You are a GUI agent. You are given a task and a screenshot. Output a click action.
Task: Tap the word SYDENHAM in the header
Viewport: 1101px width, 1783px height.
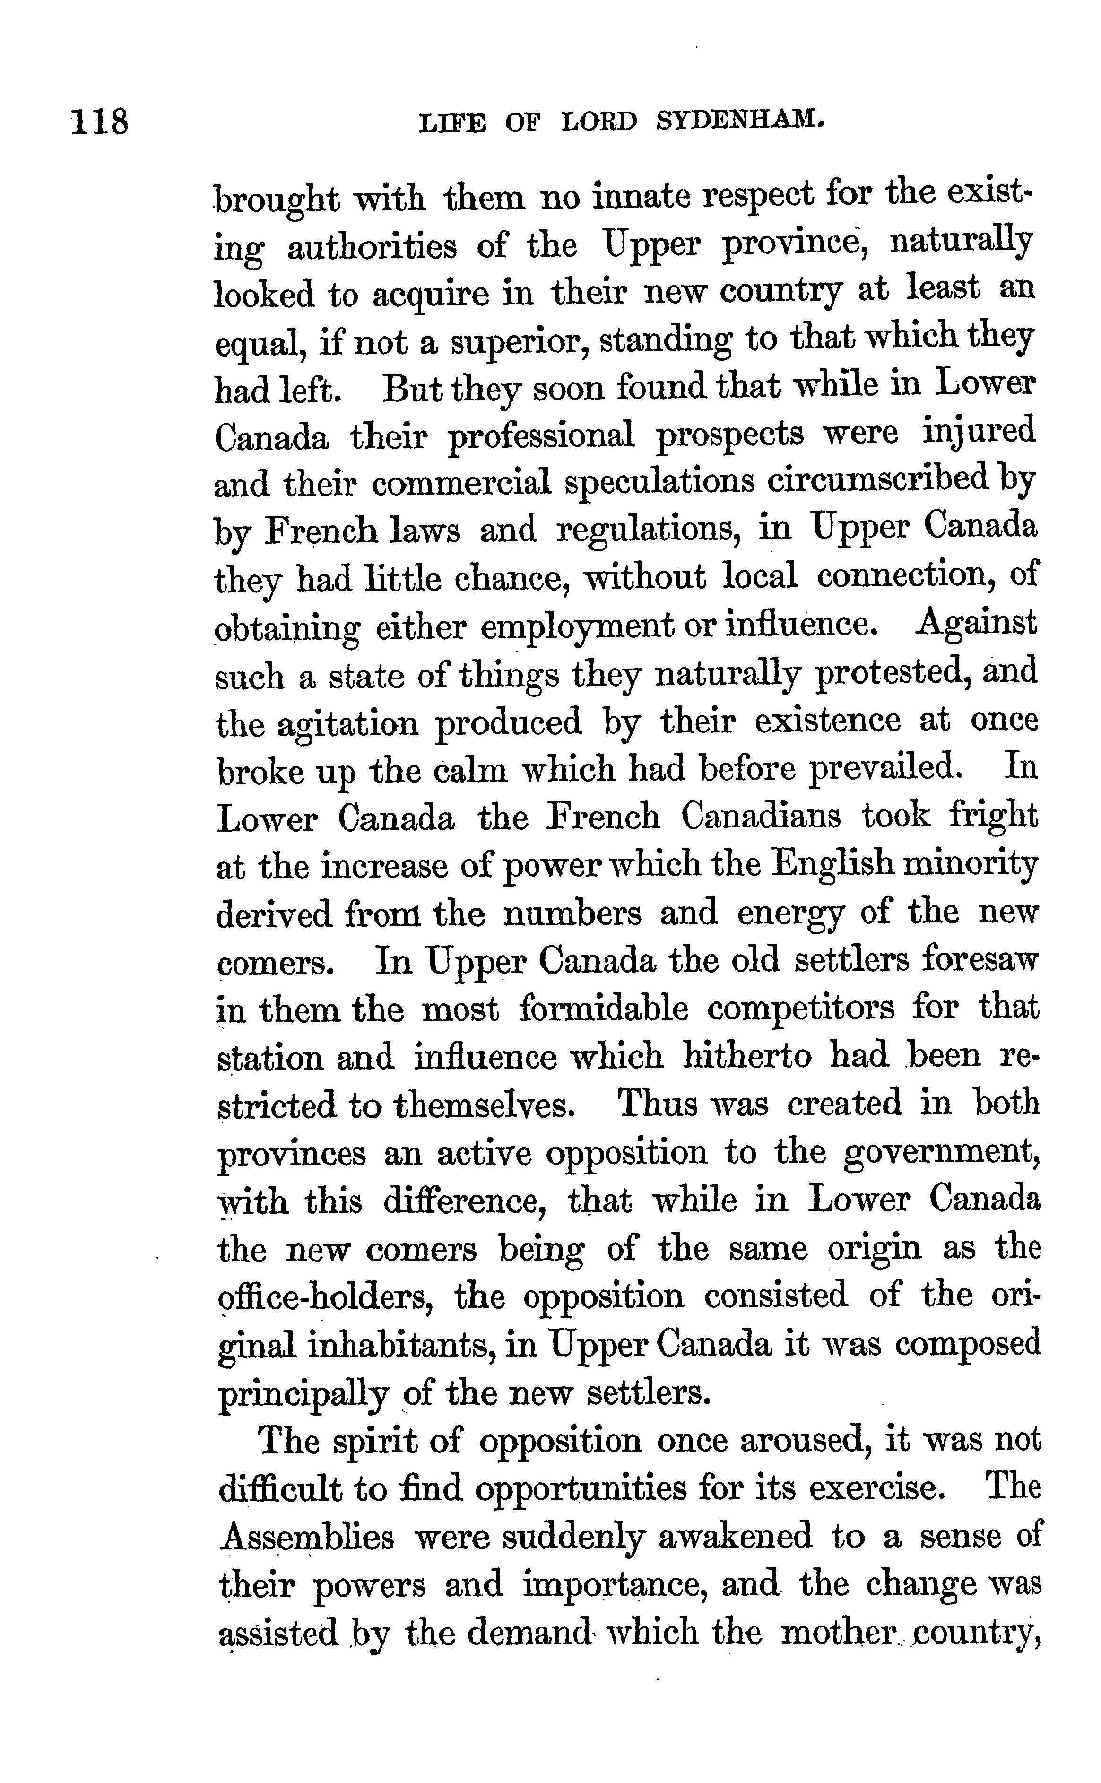tap(741, 121)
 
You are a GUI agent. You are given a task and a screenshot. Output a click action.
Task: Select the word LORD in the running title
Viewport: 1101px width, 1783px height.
tap(599, 122)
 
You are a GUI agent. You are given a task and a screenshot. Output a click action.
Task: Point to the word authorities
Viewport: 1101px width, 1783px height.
tap(372, 246)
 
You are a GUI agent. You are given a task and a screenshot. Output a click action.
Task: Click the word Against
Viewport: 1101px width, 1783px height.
tap(976, 624)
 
